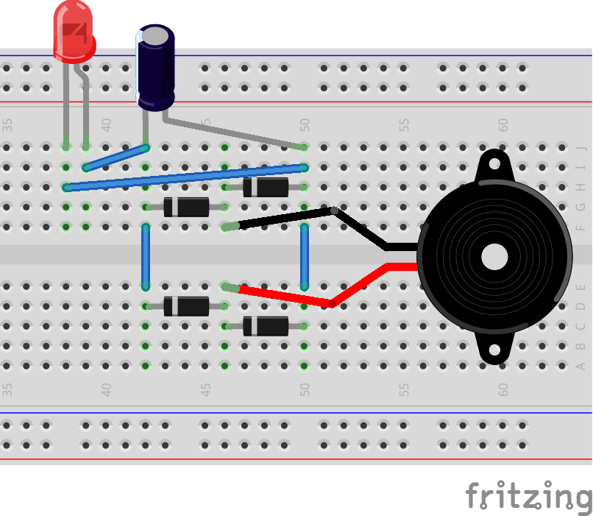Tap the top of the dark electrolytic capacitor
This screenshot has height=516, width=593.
(156, 36)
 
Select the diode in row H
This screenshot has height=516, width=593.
(265, 187)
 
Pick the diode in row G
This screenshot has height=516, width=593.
(185, 207)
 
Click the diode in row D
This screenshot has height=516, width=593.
(185, 305)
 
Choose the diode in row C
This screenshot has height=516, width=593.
(265, 325)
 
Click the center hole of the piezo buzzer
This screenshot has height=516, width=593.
(494, 257)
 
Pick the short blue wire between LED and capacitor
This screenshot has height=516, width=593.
(116, 158)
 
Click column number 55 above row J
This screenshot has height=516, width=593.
(404, 125)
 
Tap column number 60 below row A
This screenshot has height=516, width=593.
(503, 389)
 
